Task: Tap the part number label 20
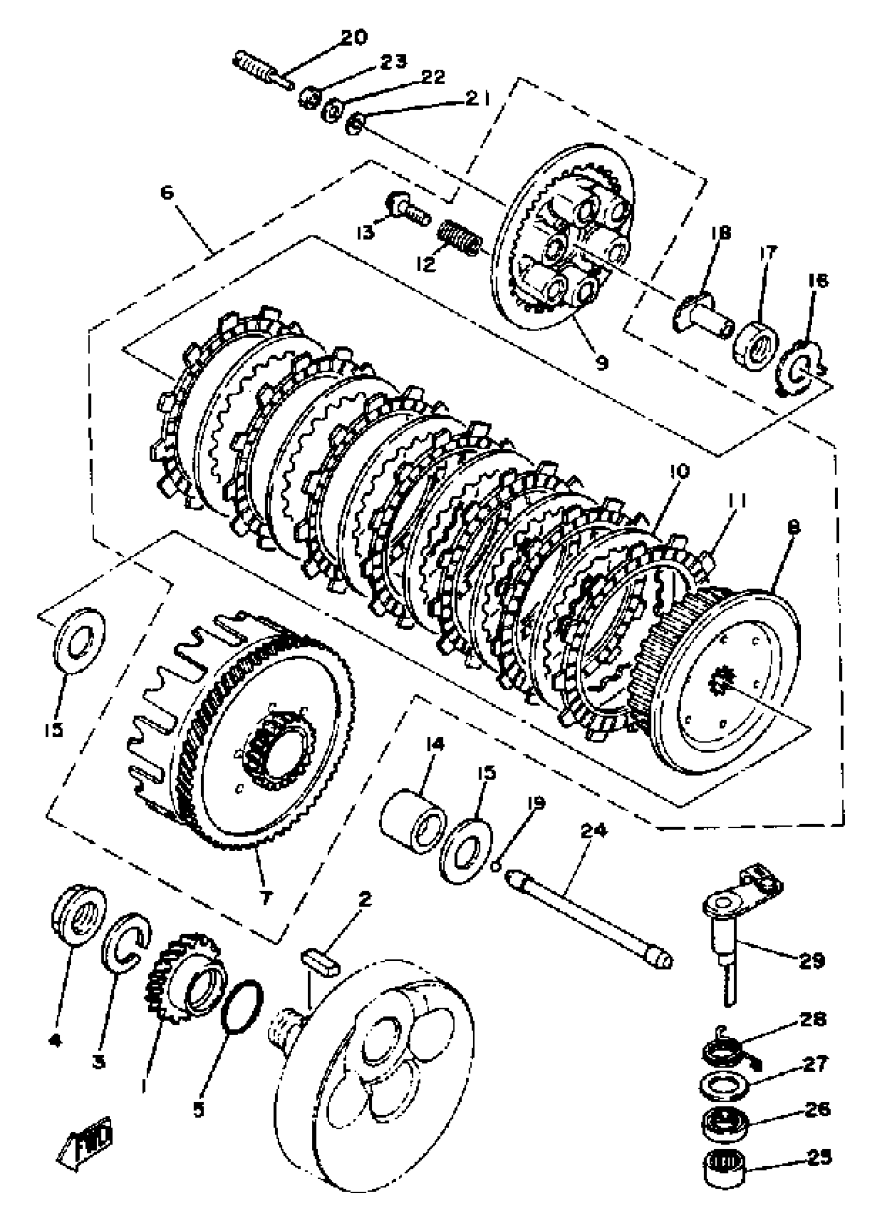(354, 38)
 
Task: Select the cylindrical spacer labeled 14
(413, 828)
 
